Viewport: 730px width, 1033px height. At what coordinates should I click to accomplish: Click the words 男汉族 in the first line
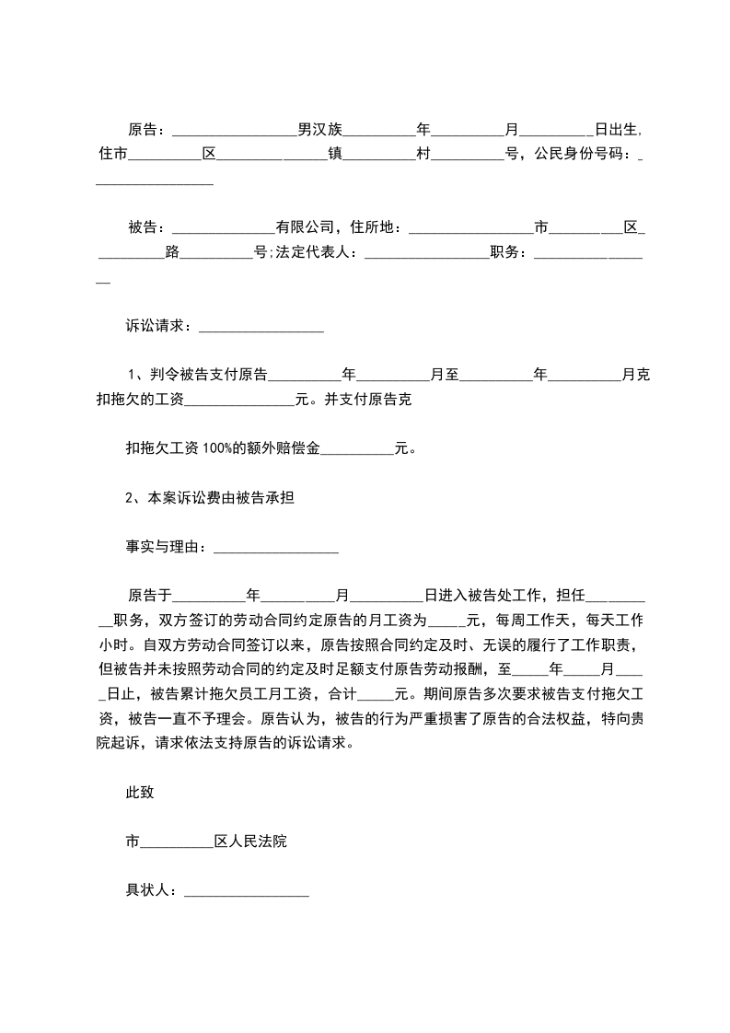point(319,129)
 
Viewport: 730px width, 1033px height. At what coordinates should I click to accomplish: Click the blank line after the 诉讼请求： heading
point(261,326)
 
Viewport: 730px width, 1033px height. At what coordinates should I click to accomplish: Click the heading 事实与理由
point(164,547)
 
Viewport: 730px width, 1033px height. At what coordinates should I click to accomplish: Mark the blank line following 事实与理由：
point(275,549)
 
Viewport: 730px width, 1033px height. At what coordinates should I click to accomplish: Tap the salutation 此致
point(140,792)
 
